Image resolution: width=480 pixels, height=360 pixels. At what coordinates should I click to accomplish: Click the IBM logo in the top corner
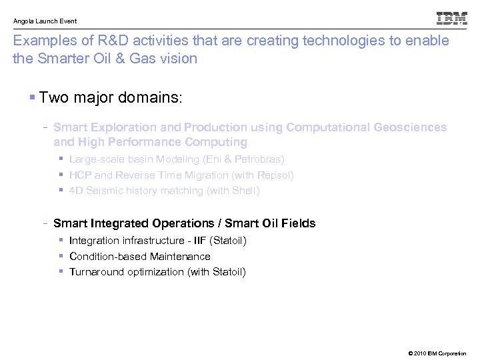tap(451, 19)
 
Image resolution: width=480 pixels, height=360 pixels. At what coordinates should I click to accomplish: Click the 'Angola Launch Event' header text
tap(45, 21)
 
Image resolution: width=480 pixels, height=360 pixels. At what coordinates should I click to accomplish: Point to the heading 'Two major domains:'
tap(111, 98)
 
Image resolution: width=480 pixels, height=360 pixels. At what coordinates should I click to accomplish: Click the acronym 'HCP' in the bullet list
tap(80, 175)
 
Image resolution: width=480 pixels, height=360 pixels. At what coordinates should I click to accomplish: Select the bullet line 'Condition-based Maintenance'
tap(139, 256)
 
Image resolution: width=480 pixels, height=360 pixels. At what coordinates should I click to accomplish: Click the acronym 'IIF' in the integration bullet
tap(199, 241)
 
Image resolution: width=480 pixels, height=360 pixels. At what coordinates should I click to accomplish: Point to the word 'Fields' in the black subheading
tap(297, 223)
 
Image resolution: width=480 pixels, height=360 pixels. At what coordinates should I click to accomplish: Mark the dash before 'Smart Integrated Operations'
tap(44, 223)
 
